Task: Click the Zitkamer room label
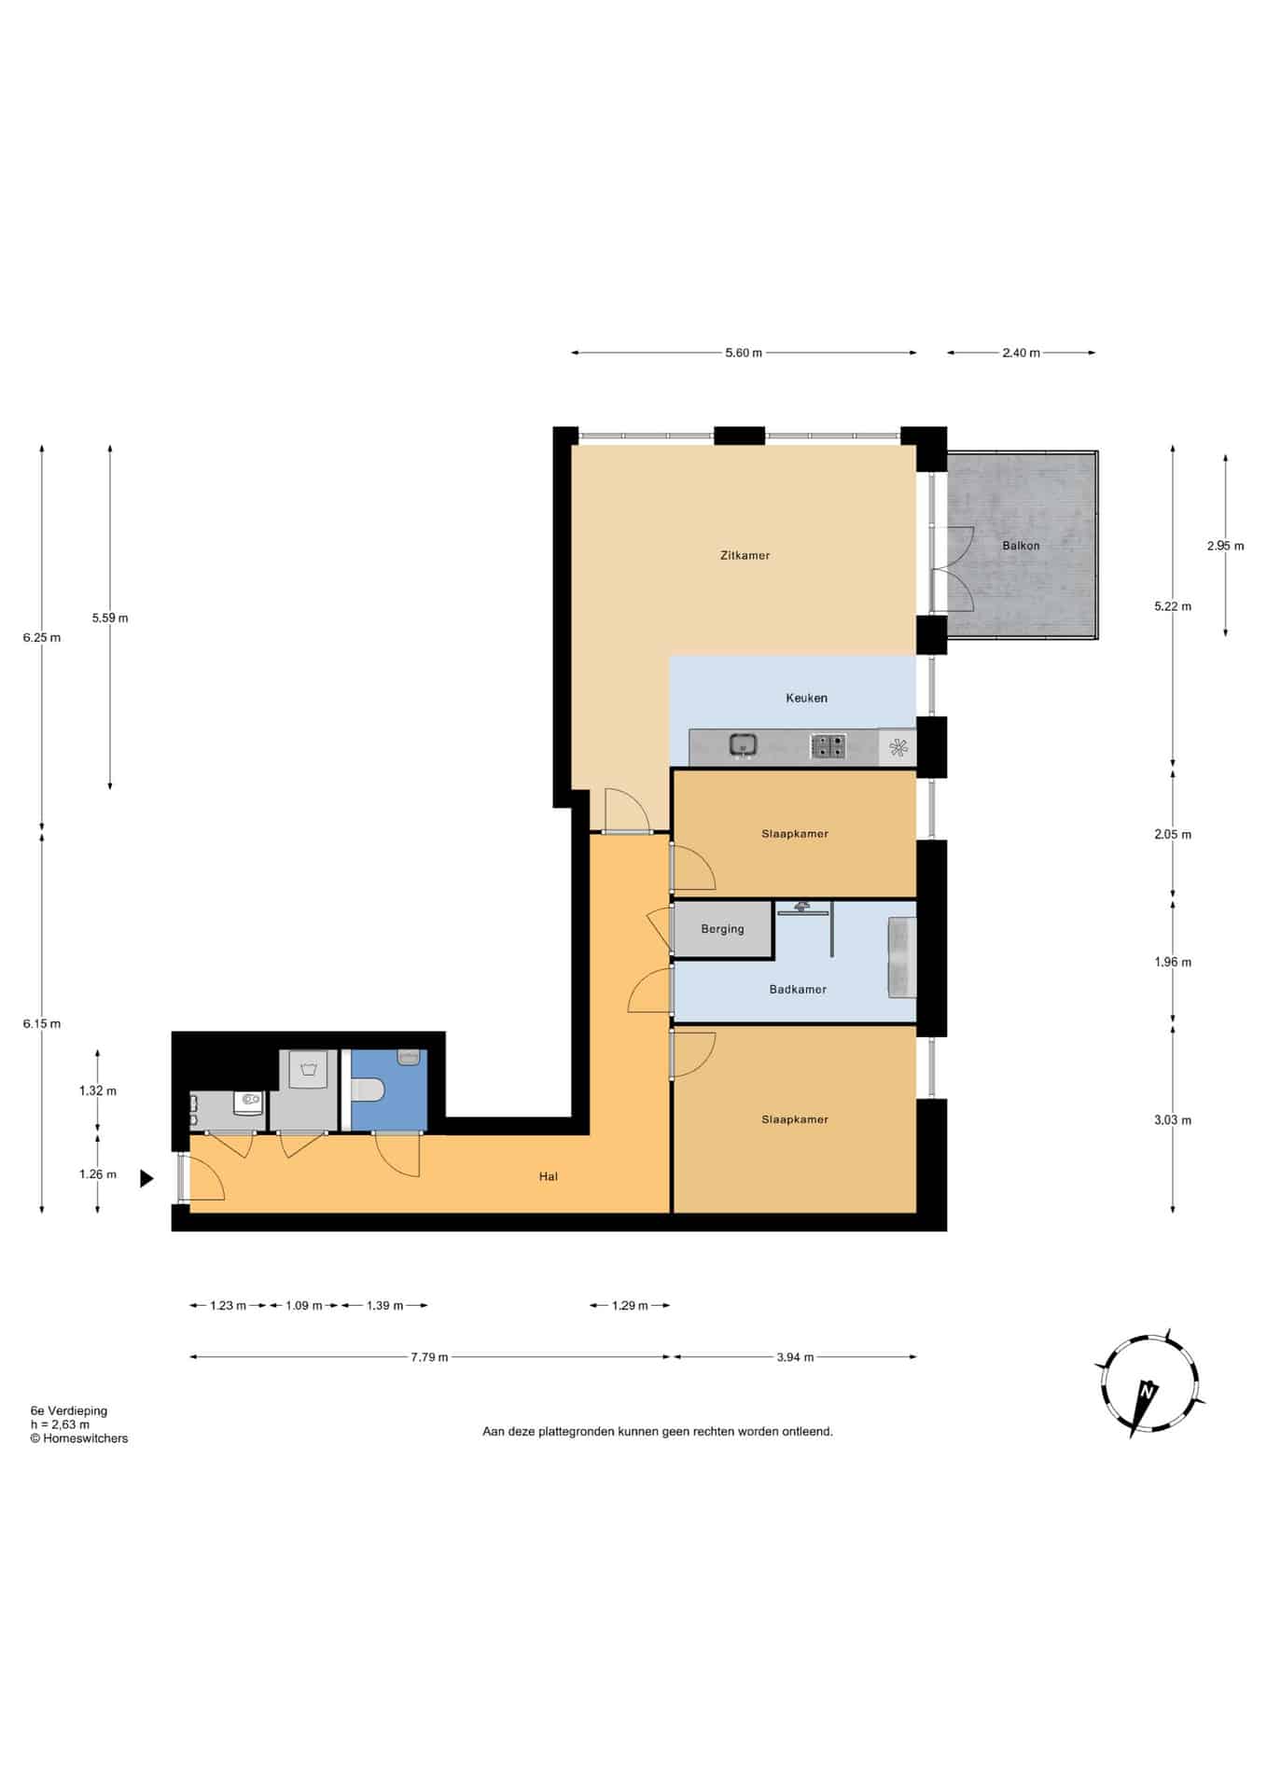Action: [x=745, y=555]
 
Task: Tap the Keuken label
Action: [x=806, y=698]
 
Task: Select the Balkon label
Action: [x=1021, y=546]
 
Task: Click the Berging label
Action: [x=722, y=929]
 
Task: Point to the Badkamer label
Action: [x=798, y=990]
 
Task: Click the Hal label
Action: [x=549, y=1177]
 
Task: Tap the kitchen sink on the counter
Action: [x=743, y=745]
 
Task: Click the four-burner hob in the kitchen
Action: [x=828, y=746]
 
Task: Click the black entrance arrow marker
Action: [x=146, y=1179]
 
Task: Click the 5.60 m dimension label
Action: [x=744, y=353]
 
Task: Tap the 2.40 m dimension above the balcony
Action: [x=1021, y=353]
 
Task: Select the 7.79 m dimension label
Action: [x=429, y=1357]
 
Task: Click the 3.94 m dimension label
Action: [x=795, y=1357]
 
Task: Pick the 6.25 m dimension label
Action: [x=42, y=638]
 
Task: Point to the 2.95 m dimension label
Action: [x=1225, y=546]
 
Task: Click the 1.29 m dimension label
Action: [x=630, y=1305]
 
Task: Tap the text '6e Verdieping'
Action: [x=69, y=1411]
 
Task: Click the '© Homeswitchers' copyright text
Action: [x=79, y=1438]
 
